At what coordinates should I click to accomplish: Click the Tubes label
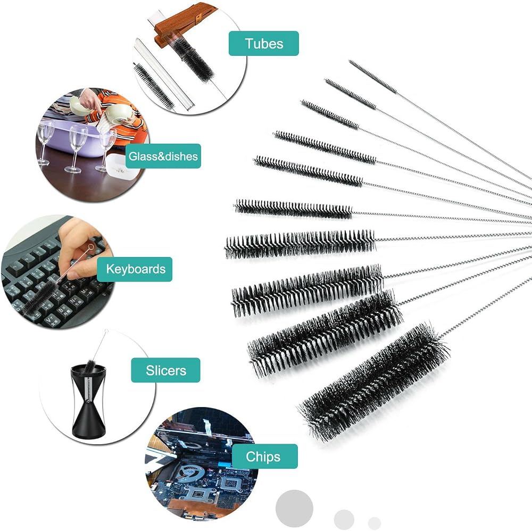point(264,44)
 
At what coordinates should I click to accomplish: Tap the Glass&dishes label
point(163,156)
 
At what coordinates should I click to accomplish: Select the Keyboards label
point(135,269)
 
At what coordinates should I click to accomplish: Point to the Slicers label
point(165,370)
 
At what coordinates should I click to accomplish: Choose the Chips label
point(263,457)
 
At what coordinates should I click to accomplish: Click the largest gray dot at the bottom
point(294,508)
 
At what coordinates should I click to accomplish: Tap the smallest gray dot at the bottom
point(375,523)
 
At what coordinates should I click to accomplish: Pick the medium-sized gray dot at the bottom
point(344,519)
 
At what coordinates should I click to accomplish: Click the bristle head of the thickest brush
point(373,381)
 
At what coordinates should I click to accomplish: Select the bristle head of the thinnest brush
point(372,76)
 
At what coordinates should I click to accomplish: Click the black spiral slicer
point(88,400)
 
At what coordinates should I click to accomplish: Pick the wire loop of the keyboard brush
point(90,247)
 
